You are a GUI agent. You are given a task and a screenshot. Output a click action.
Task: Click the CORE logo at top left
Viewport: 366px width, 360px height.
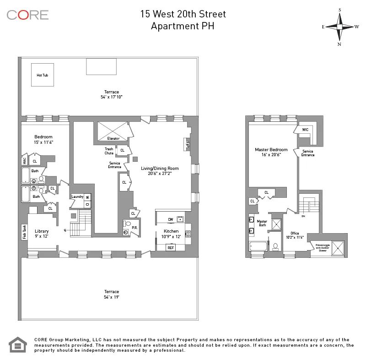(x=27, y=15)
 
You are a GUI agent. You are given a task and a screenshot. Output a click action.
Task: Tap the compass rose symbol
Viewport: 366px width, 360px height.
(x=339, y=27)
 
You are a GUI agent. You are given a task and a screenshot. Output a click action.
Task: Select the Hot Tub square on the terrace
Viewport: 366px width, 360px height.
(x=42, y=75)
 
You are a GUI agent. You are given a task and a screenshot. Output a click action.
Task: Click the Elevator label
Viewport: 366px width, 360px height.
(x=113, y=138)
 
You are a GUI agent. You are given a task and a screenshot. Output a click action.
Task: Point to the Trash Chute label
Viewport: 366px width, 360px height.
(x=109, y=151)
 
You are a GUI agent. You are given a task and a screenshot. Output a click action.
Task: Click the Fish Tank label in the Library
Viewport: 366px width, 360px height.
(x=24, y=231)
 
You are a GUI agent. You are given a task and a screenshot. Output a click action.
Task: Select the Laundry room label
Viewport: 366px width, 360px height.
(x=77, y=197)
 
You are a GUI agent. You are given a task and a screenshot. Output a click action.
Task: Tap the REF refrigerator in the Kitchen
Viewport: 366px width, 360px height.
(x=171, y=247)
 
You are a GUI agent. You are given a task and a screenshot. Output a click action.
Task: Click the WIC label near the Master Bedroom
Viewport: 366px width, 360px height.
(x=305, y=130)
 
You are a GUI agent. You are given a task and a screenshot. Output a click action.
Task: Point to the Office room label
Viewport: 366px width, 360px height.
(x=294, y=233)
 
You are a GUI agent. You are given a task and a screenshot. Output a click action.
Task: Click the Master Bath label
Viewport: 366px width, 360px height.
(x=262, y=223)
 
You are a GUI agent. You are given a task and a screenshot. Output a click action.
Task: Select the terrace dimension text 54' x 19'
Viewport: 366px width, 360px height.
(x=111, y=297)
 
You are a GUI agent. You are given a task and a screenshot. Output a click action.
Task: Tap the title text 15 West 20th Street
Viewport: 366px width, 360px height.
(x=183, y=14)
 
